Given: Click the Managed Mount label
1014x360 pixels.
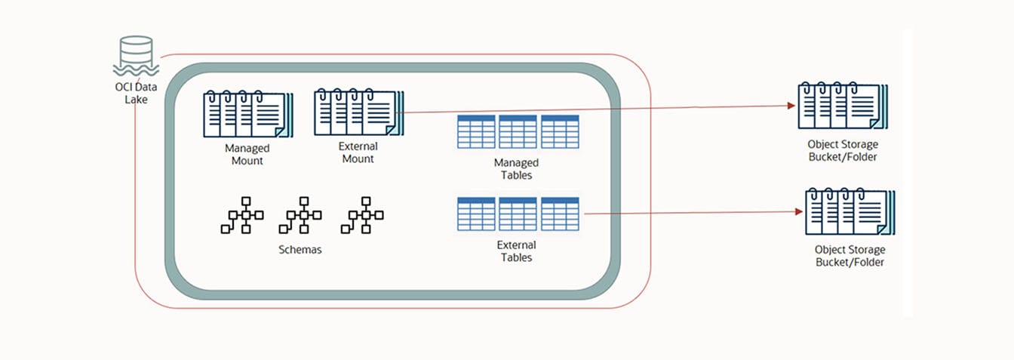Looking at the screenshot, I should (x=247, y=155).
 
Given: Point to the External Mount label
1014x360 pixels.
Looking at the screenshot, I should (x=359, y=152).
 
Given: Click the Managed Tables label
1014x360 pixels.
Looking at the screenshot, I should (x=516, y=169).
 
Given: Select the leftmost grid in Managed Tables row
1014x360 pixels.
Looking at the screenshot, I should (x=476, y=132).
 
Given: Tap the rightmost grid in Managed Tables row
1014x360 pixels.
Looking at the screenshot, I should (x=560, y=132).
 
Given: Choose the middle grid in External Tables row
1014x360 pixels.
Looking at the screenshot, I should (x=518, y=214).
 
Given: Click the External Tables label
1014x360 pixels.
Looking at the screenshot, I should (x=516, y=251).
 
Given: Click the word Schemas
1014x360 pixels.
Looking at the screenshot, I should (x=300, y=250).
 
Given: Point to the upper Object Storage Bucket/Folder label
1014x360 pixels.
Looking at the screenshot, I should (x=843, y=150).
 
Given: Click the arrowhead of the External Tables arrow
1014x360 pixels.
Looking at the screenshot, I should (x=799, y=212).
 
